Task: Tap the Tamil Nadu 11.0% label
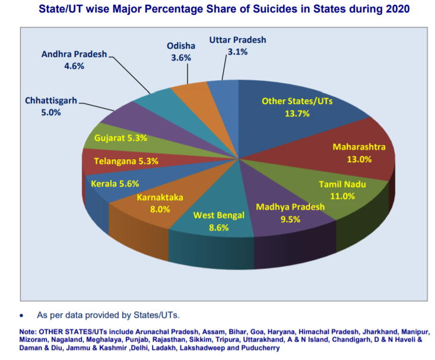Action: point(342,190)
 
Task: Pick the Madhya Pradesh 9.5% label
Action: point(290,213)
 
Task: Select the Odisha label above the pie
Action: point(180,46)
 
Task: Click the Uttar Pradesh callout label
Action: point(238,40)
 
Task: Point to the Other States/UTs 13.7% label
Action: point(297,107)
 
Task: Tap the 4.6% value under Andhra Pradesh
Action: point(74,66)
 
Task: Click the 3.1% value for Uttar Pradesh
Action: point(238,52)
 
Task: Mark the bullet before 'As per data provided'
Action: point(22,315)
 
